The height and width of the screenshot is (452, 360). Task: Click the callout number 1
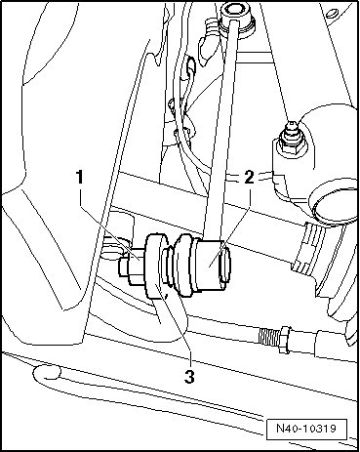click(80, 178)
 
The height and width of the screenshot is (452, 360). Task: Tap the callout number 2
click(249, 178)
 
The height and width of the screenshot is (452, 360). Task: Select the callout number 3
click(189, 377)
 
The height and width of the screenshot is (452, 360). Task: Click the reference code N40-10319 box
click(306, 429)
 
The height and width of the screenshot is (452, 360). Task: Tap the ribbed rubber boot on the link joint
click(179, 267)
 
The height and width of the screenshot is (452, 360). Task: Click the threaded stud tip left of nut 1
click(124, 267)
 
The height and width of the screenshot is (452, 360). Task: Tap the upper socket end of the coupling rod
click(236, 21)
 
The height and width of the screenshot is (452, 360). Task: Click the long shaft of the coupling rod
click(221, 130)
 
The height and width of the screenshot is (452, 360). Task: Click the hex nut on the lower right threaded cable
click(284, 340)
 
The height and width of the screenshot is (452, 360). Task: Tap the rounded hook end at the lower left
click(46, 373)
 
